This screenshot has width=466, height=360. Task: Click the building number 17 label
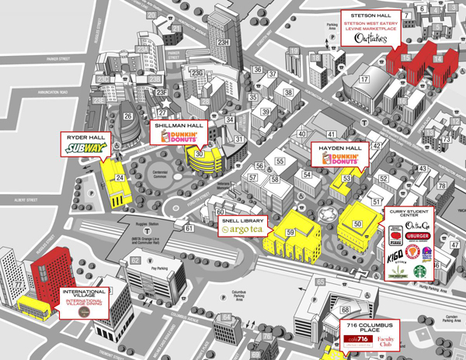[x=363, y=79]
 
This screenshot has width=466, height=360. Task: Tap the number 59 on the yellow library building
[x=290, y=232]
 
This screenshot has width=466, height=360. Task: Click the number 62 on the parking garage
[x=135, y=261]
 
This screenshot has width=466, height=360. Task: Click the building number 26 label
[x=127, y=117]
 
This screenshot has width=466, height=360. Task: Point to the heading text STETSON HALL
[x=369, y=14]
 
